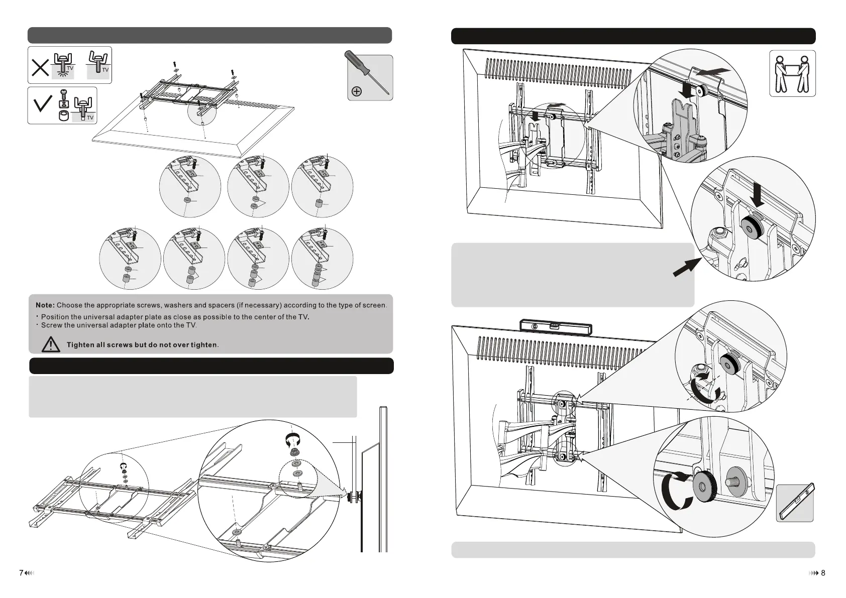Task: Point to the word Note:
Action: [x=45, y=305]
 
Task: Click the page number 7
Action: [x=22, y=573]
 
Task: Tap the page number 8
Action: [x=823, y=573]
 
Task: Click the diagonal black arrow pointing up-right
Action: [x=684, y=266]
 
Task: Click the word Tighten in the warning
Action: [x=85, y=345]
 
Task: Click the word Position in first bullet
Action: [x=57, y=317]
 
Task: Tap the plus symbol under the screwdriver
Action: [x=357, y=91]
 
